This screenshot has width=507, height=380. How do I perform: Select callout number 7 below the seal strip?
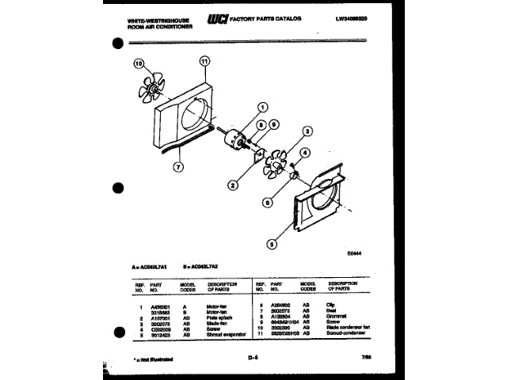point(179,167)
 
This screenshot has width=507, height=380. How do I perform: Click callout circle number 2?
point(233,187)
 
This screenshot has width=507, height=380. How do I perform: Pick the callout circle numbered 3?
point(307,133)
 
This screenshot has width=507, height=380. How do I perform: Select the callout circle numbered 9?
point(274,124)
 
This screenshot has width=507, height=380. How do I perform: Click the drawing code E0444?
point(355,253)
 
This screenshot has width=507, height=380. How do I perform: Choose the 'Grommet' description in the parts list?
point(336,315)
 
